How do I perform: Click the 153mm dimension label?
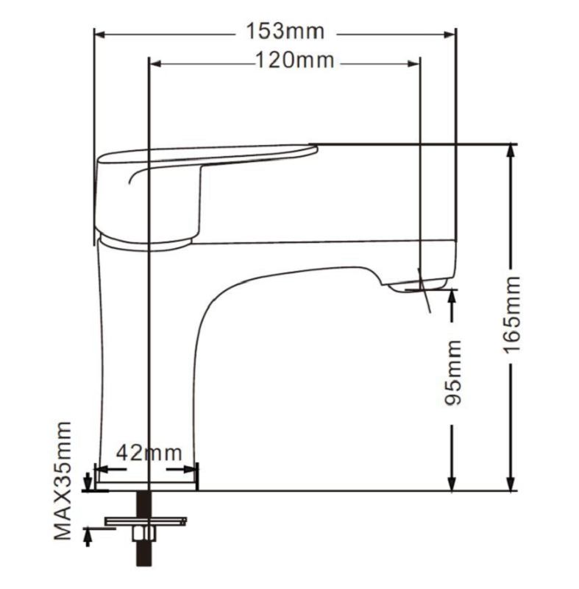[285, 31]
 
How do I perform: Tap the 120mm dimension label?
[295, 60]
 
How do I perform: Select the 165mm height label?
[512, 314]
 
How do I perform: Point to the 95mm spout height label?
[452, 373]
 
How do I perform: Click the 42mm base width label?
[149, 453]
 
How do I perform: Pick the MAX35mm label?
[63, 481]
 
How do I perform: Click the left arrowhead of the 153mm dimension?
[100, 35]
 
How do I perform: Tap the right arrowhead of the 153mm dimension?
[450, 35]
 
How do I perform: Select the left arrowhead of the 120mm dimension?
[155, 64]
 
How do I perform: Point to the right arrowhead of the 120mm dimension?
[414, 64]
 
